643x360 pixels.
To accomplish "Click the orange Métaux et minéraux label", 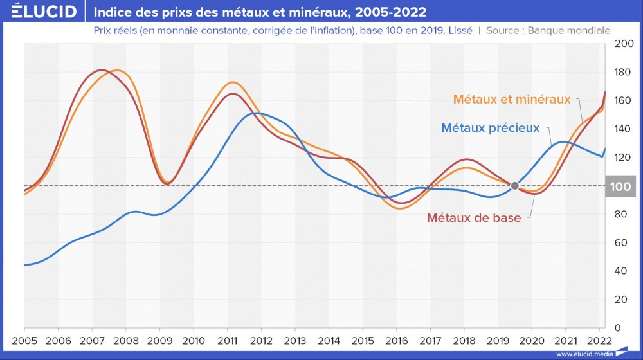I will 512,100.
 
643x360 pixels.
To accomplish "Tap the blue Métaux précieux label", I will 490,128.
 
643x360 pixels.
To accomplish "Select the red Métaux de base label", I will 474,218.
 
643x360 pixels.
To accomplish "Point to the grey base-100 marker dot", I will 514,186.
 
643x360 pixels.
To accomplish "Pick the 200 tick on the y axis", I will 623,44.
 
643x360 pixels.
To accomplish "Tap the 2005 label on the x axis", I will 24,341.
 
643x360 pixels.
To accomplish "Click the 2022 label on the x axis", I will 599,341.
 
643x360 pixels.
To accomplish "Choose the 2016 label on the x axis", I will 396,341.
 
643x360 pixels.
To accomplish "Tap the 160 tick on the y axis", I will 623,100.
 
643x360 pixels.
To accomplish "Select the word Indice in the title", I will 116,12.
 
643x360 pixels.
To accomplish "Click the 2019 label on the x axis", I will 497,341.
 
